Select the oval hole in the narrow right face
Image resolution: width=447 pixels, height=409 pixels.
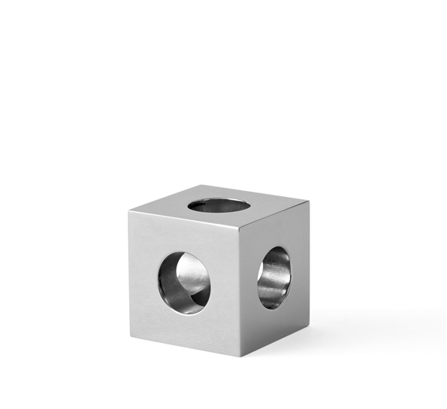[274, 277]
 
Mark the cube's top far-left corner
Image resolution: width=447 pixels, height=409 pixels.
[128, 211]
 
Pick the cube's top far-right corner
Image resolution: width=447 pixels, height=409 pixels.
[308, 199]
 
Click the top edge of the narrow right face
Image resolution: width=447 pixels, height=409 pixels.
[274, 211]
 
